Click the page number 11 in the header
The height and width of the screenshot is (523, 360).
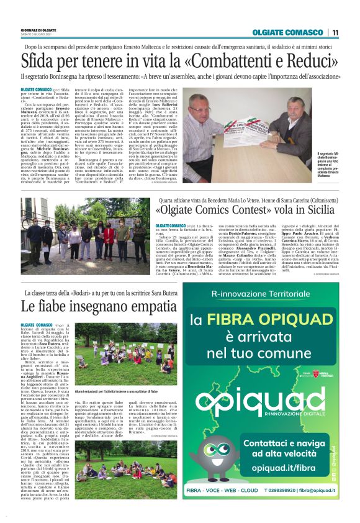click(x=336, y=32)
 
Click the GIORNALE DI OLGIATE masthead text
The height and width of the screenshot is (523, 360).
click(x=38, y=29)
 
